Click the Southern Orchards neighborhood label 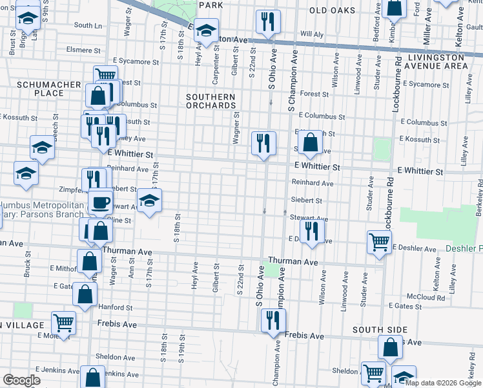(211, 101)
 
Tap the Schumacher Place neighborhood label (49, 89)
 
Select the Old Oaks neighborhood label (333, 10)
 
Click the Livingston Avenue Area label (437, 61)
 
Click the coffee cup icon (100, 202)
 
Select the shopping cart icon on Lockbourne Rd (379, 242)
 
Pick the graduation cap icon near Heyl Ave (207, 30)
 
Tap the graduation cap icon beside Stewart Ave (149, 200)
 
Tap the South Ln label (88, 25)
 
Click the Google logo (21, 380)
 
